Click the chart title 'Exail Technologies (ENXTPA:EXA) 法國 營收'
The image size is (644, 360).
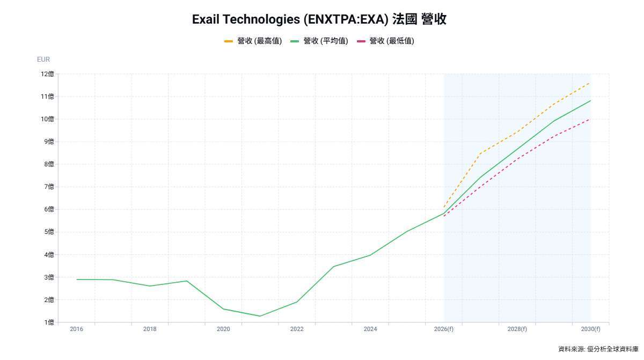pos(319,20)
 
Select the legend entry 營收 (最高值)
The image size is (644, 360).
pos(253,41)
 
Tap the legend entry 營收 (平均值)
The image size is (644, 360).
pos(319,41)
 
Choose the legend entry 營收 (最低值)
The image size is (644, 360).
pos(385,41)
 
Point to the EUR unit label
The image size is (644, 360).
pos(43,60)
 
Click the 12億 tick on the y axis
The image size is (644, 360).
pos(47,74)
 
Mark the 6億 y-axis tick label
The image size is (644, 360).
pos(47,209)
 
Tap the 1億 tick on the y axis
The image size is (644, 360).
pos(47,322)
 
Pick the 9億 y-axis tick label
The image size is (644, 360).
pos(47,142)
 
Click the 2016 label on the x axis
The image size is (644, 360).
pos(77,329)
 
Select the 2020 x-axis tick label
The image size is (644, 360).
pos(223,329)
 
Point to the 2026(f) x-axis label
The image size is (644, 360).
pos(444,329)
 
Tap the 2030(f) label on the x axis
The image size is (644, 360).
pos(590,329)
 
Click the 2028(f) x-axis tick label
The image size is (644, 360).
pos(517,329)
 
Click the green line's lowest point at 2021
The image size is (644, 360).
pos(260,316)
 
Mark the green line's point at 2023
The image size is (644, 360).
pos(333,267)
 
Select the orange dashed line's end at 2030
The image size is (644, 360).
pos(590,83)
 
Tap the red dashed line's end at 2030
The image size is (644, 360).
pos(590,119)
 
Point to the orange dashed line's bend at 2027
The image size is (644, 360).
pos(480,153)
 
